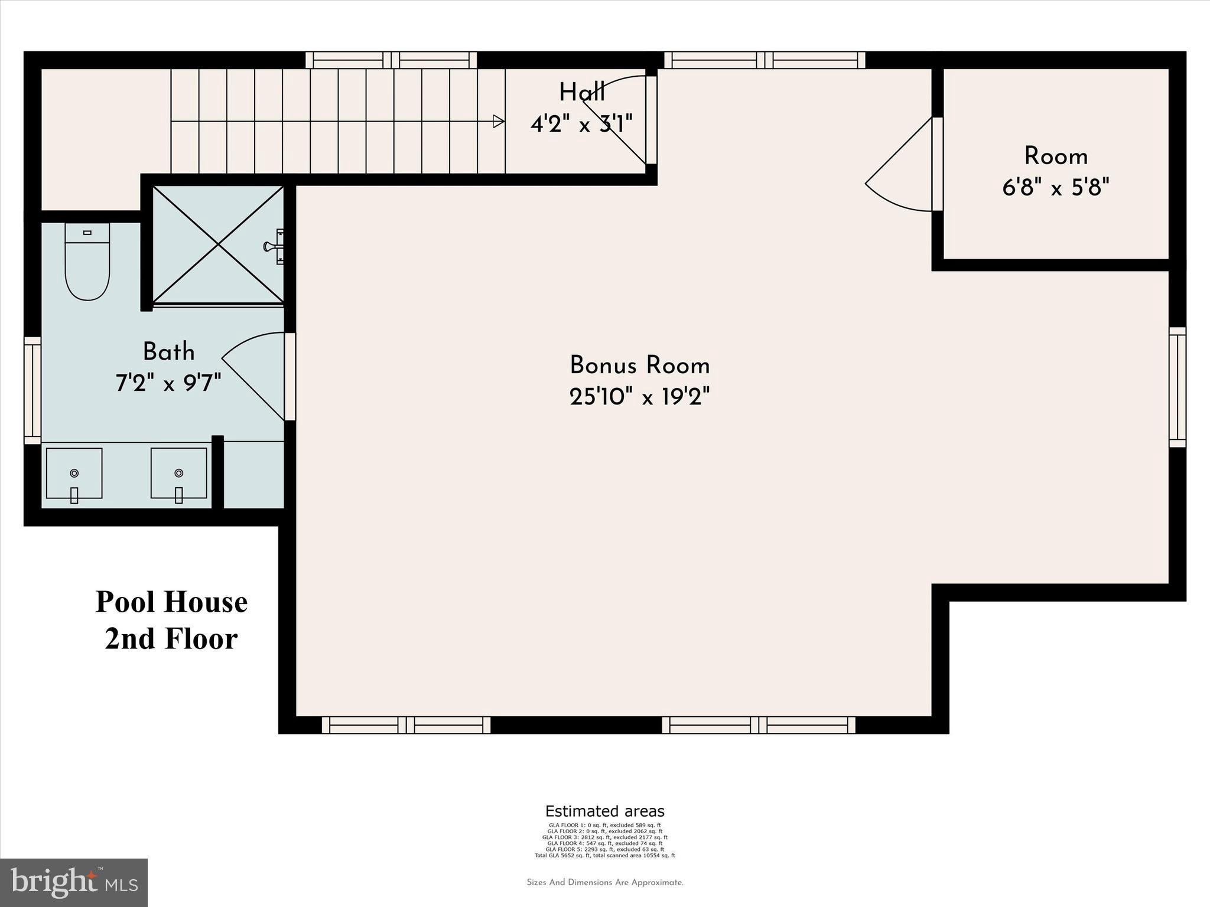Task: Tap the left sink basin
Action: click(x=74, y=474)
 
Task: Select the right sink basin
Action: click(x=178, y=474)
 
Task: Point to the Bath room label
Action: click(x=168, y=353)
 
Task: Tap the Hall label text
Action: click(x=582, y=93)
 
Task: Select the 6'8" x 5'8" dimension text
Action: click(x=1056, y=188)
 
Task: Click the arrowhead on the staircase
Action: click(x=499, y=122)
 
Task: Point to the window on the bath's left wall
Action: click(x=32, y=390)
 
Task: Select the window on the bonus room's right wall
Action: click(x=1178, y=387)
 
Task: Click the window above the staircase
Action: click(x=391, y=60)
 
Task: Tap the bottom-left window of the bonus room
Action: click(x=406, y=725)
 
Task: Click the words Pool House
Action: click(x=171, y=602)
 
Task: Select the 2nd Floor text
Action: click(x=171, y=639)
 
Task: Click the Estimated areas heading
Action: click(x=604, y=811)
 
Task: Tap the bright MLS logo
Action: click(x=74, y=883)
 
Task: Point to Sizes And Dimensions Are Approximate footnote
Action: click(x=604, y=883)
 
